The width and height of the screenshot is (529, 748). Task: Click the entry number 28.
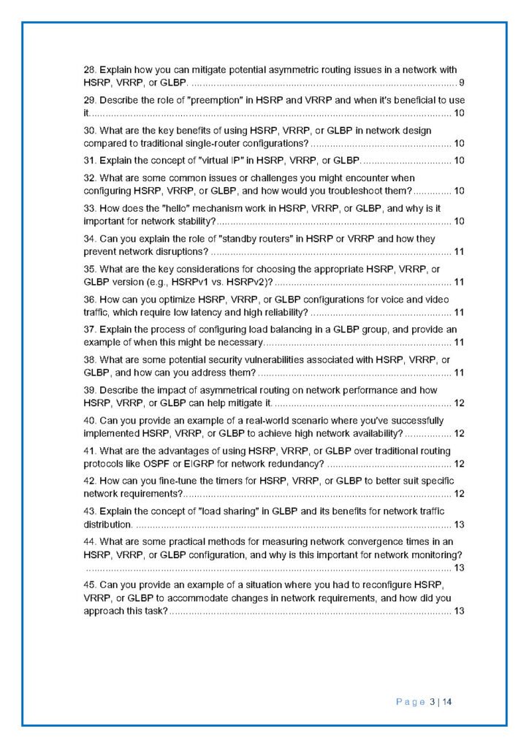pos(89,70)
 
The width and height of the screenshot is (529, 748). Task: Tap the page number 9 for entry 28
pos(461,82)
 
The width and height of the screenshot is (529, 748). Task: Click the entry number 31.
pos(89,160)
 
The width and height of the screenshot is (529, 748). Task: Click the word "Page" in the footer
pos(411,703)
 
